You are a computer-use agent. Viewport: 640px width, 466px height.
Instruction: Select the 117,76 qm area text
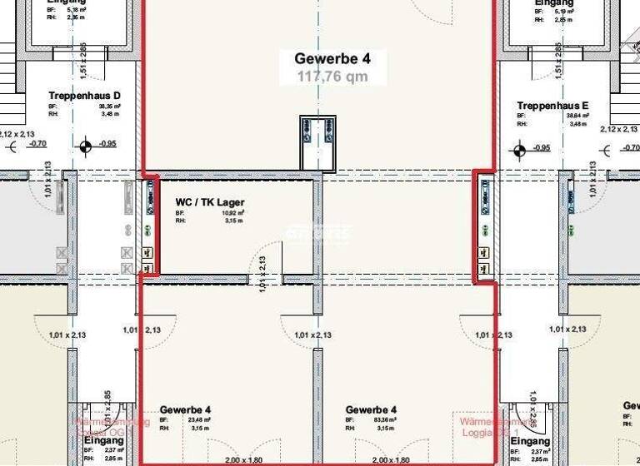tap(332, 77)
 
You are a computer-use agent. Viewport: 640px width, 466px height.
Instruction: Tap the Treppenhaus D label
tap(85, 97)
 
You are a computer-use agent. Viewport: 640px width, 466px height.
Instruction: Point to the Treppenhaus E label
tap(552, 106)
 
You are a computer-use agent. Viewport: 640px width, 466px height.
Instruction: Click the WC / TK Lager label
tap(210, 202)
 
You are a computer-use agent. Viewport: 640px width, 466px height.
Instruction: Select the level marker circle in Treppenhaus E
tap(519, 151)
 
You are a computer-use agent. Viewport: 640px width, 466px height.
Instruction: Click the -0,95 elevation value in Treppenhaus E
tap(542, 148)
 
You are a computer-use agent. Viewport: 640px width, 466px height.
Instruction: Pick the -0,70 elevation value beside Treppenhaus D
tap(37, 143)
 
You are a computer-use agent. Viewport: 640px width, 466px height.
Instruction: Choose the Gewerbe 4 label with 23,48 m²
tap(185, 409)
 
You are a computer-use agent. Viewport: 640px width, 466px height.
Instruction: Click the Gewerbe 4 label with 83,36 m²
tap(371, 409)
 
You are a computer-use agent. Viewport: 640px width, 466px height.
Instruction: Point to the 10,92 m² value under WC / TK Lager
tap(204, 213)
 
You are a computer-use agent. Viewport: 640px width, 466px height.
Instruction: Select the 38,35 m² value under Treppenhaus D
tap(109, 107)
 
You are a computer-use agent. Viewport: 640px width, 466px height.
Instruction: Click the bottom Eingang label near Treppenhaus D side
tap(104, 440)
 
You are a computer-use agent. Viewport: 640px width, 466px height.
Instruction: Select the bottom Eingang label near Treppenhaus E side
tap(531, 440)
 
